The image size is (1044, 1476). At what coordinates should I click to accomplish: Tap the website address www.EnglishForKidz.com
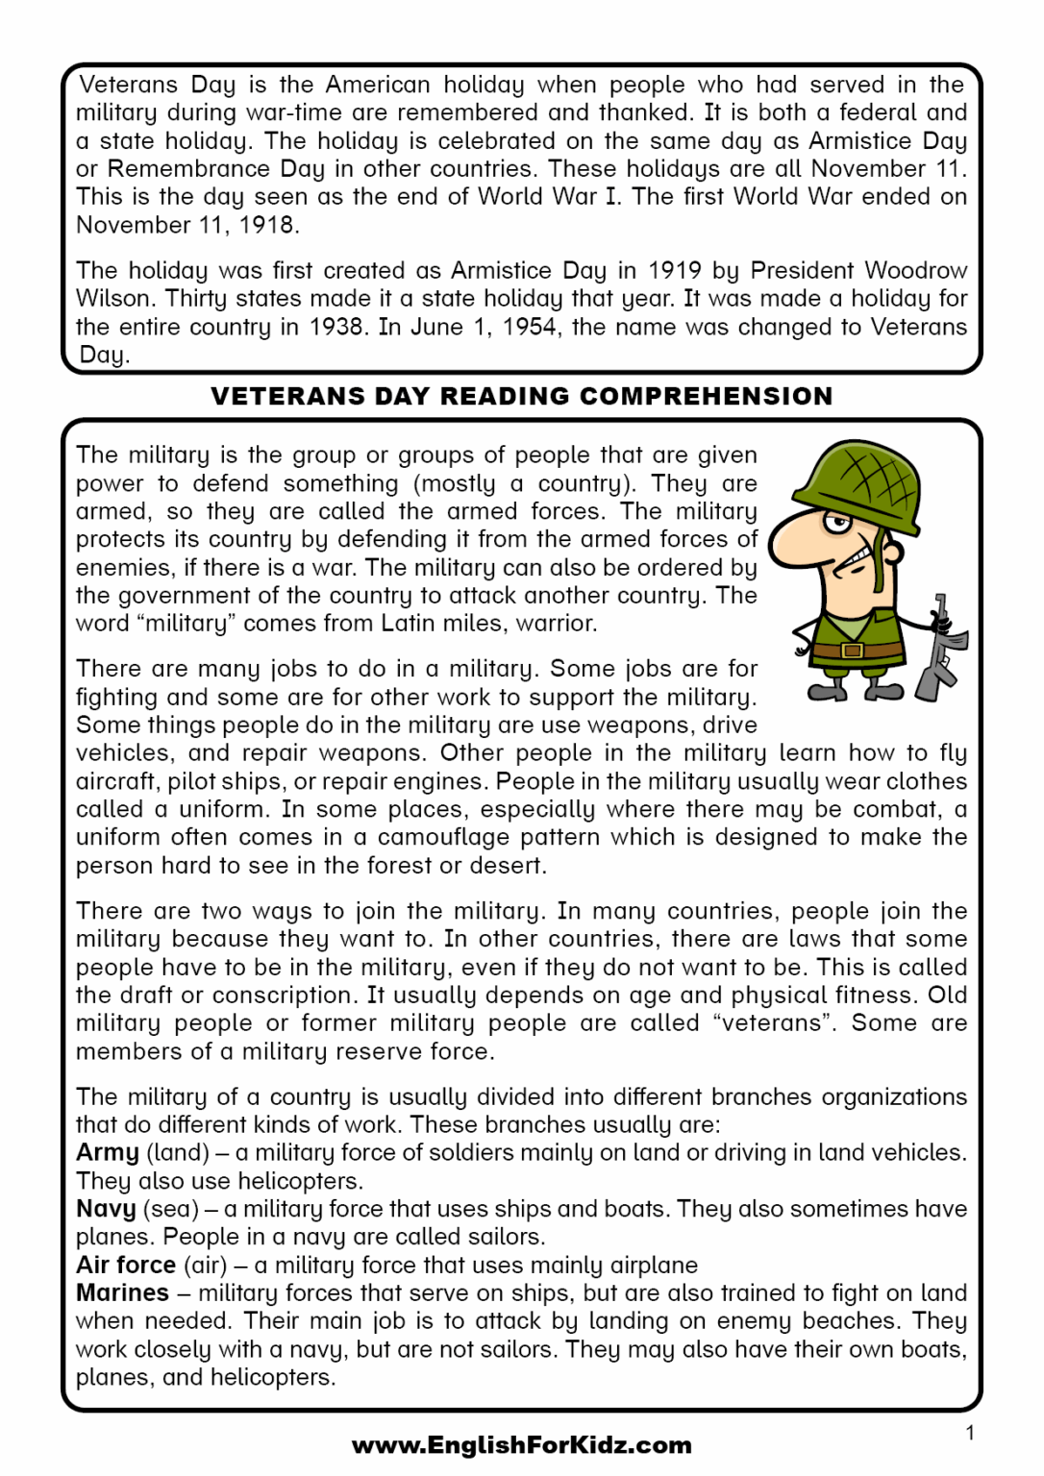point(521,1445)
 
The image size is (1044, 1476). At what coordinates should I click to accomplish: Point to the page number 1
point(970,1433)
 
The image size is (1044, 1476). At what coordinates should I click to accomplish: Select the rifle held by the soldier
point(940,652)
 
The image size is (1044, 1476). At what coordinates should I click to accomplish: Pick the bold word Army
point(108,1152)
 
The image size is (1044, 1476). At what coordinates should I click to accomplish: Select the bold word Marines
point(122,1292)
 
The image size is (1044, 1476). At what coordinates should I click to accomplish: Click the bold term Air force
point(126,1265)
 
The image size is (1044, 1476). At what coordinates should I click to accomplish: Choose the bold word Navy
point(106,1209)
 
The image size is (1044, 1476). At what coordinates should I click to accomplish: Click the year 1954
point(527,327)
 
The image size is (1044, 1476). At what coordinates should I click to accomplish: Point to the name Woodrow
point(914,270)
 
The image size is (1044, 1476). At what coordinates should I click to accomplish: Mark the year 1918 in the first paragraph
point(268,225)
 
